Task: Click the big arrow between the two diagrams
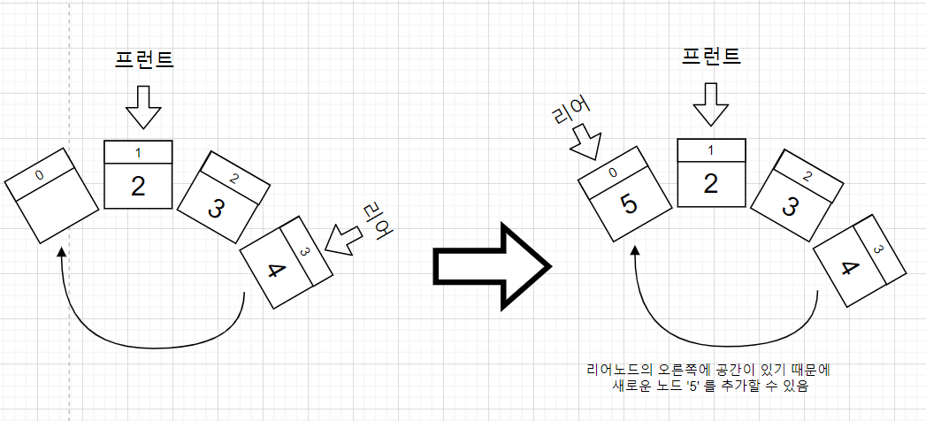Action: tap(492, 264)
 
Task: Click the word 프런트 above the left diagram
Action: tap(144, 59)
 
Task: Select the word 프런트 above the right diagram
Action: tap(711, 57)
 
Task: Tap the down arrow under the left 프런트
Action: tap(143, 109)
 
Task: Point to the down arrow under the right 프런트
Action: tap(711, 104)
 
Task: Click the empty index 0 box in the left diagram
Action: tap(52, 207)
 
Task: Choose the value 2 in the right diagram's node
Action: tap(710, 184)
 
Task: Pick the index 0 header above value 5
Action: tap(613, 173)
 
